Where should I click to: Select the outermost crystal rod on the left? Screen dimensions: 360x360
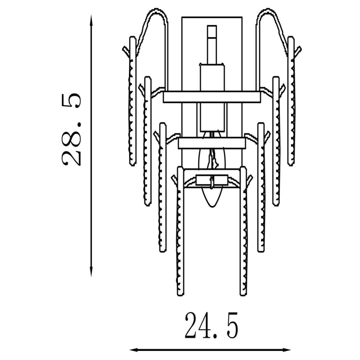tap(133, 102)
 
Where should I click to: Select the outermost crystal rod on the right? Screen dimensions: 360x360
tap(291, 102)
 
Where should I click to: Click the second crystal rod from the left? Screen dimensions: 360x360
tap(147, 141)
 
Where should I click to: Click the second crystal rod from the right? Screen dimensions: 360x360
tap(276, 141)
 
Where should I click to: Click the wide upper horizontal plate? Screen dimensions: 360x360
tap(212, 97)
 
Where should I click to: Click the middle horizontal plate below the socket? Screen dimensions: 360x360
tap(212, 143)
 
